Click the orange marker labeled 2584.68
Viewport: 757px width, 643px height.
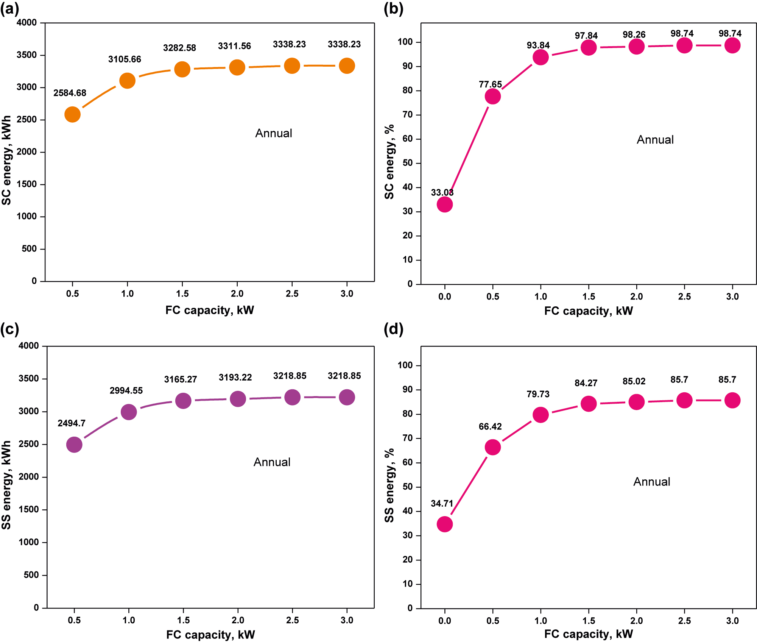tap(72, 114)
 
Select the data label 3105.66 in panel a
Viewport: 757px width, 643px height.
tap(125, 59)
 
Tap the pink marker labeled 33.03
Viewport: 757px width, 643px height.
tap(445, 204)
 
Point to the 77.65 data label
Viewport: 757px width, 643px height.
tap(490, 84)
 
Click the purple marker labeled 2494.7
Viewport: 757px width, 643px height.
tap(74, 445)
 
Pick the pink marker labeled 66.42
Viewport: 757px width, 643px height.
tap(492, 447)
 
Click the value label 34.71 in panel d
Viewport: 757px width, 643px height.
tap(442, 504)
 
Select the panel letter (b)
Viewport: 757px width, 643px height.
tap(393, 8)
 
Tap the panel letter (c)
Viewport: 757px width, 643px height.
tap(9, 329)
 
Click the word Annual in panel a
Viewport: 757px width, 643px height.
tap(274, 133)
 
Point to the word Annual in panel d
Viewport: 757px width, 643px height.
tap(652, 482)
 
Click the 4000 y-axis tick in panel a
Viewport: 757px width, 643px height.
tap(26, 23)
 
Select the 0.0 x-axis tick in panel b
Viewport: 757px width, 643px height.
tap(445, 297)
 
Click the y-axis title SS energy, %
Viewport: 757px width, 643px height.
tap(389, 485)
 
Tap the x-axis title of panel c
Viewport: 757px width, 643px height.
tap(210, 635)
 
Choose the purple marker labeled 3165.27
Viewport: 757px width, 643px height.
tap(183, 401)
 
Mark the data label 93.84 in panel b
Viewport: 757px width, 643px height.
tap(538, 45)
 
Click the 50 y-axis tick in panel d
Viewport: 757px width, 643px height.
tap(408, 487)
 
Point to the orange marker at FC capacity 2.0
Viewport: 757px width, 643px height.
tap(237, 67)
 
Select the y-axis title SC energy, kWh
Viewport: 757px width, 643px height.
tap(6, 160)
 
